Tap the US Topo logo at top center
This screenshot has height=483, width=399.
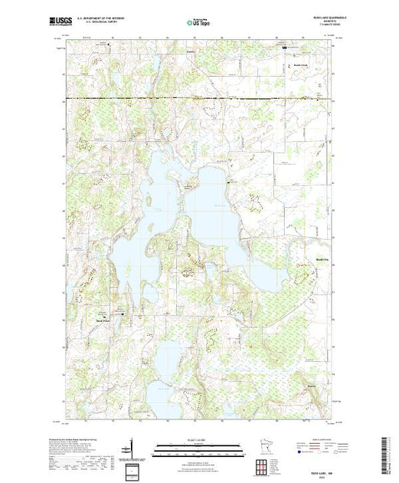pos(198,24)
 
